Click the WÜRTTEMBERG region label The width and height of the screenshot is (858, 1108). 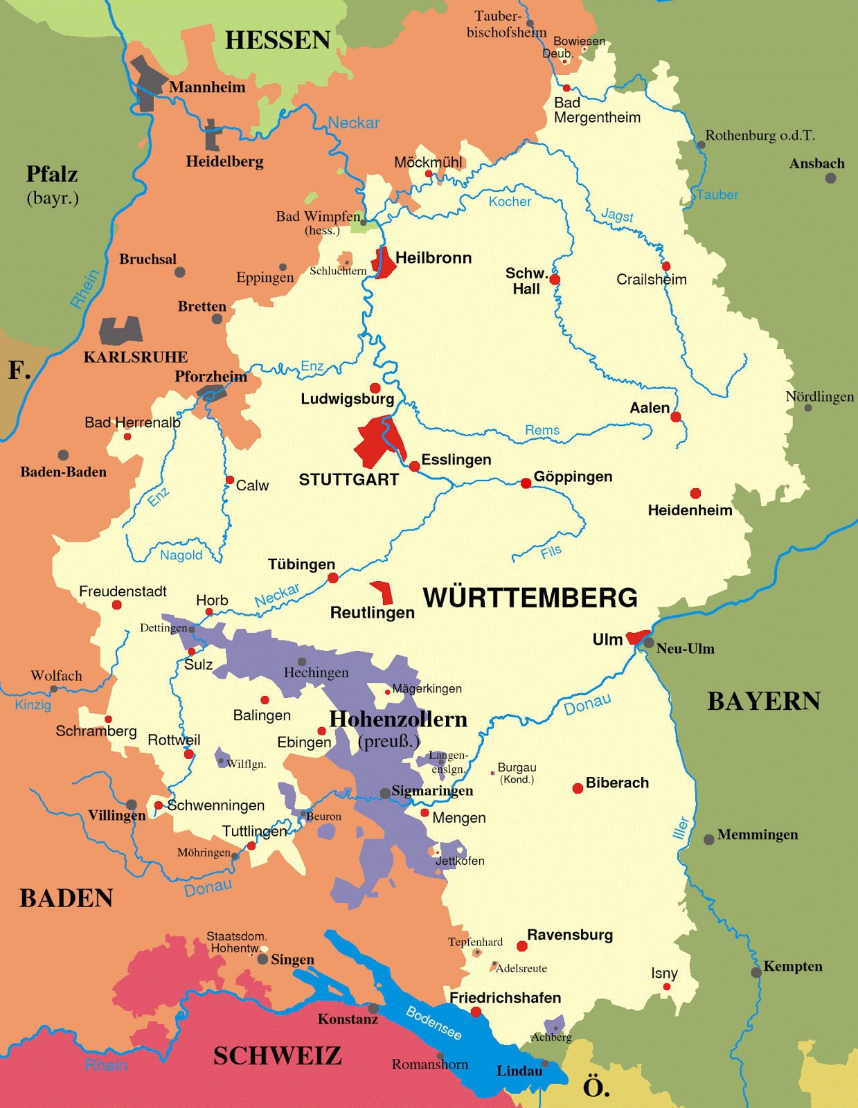click(x=530, y=598)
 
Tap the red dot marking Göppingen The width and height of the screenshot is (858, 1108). click(x=526, y=483)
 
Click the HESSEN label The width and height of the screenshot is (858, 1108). click(x=278, y=40)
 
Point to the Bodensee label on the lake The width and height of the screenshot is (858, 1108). click(x=434, y=1023)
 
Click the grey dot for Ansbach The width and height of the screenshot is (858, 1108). click(x=830, y=179)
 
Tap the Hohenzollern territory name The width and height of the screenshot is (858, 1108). click(x=398, y=720)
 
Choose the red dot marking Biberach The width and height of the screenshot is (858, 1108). click(x=578, y=789)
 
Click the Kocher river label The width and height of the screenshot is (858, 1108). click(x=510, y=202)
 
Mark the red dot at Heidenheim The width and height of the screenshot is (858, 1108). click(x=695, y=493)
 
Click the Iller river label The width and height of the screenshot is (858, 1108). click(x=681, y=828)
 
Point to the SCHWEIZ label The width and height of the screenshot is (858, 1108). click(x=277, y=1056)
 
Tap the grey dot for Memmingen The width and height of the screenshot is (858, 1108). click(x=708, y=840)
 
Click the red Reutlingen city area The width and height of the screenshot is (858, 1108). click(x=382, y=593)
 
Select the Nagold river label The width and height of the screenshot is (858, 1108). click(x=181, y=555)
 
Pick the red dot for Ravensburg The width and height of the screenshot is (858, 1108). click(x=522, y=946)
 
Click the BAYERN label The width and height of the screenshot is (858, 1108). click(x=763, y=702)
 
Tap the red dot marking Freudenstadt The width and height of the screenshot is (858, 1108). click(x=116, y=605)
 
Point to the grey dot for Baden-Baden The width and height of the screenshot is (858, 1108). click(x=63, y=455)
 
